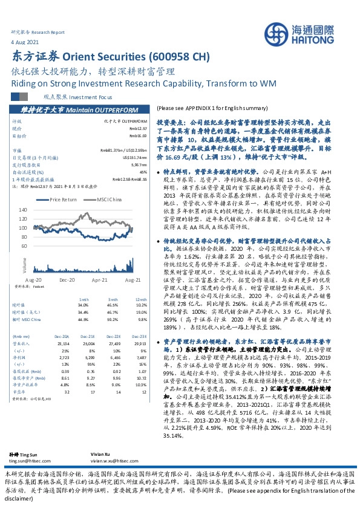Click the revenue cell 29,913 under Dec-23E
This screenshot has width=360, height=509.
pyautogui.click(x=139, y=342)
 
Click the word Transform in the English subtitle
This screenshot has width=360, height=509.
pyautogui.click(x=217, y=82)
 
